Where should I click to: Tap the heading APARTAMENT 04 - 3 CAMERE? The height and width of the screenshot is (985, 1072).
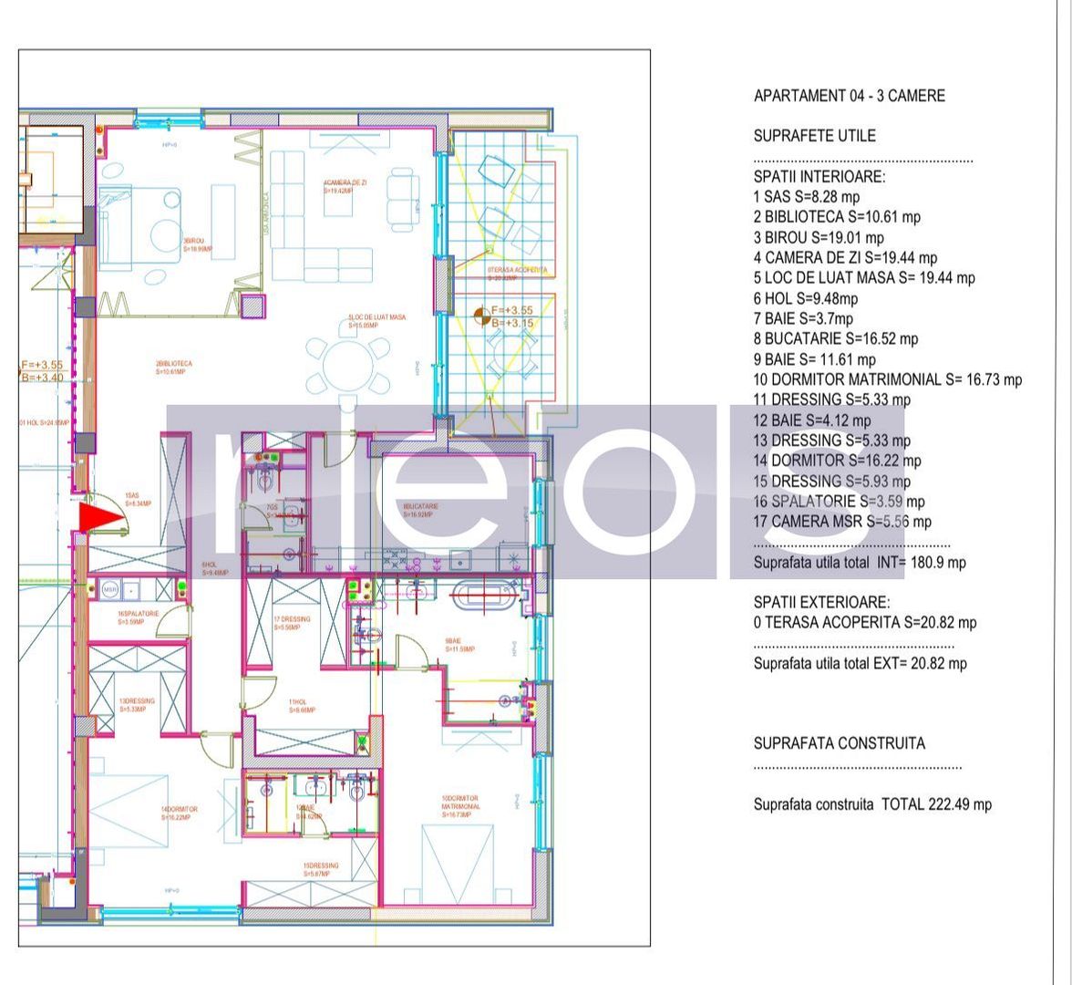click(849, 96)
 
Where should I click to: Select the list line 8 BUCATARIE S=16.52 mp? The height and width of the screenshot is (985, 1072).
click(835, 338)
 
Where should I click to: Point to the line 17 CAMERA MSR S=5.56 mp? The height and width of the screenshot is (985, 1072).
click(841, 522)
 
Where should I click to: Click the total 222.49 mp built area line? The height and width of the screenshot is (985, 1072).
click(871, 804)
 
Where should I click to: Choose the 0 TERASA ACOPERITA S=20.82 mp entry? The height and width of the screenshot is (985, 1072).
click(864, 623)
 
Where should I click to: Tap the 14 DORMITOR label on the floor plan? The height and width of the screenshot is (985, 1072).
click(179, 814)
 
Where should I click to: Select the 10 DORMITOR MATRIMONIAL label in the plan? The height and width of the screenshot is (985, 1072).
click(460, 806)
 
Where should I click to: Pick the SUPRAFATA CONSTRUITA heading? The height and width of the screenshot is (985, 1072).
click(839, 743)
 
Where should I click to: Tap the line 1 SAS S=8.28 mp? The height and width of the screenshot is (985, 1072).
click(806, 197)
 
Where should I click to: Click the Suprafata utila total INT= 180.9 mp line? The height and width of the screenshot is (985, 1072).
click(859, 563)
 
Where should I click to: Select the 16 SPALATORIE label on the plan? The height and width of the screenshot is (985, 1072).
click(138, 617)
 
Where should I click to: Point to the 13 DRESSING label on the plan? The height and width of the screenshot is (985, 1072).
click(137, 705)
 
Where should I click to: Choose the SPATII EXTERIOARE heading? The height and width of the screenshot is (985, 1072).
click(821, 603)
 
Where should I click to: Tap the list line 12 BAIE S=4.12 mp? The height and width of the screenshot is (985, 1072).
click(811, 420)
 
